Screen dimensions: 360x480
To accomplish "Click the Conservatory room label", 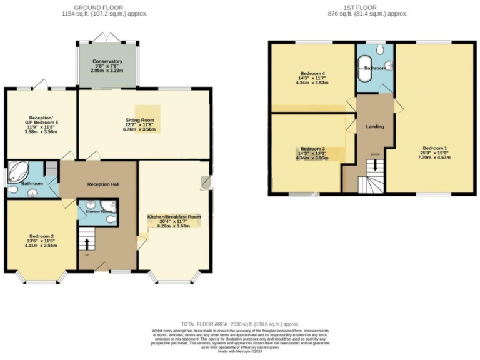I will (106, 61).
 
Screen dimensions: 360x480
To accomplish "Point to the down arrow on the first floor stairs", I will (375, 165).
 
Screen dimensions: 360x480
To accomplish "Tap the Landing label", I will (375, 127).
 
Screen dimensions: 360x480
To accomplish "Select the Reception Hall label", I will (103, 184).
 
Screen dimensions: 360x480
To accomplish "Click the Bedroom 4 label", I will (310, 72).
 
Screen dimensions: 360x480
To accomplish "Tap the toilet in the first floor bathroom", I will (388, 64).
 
